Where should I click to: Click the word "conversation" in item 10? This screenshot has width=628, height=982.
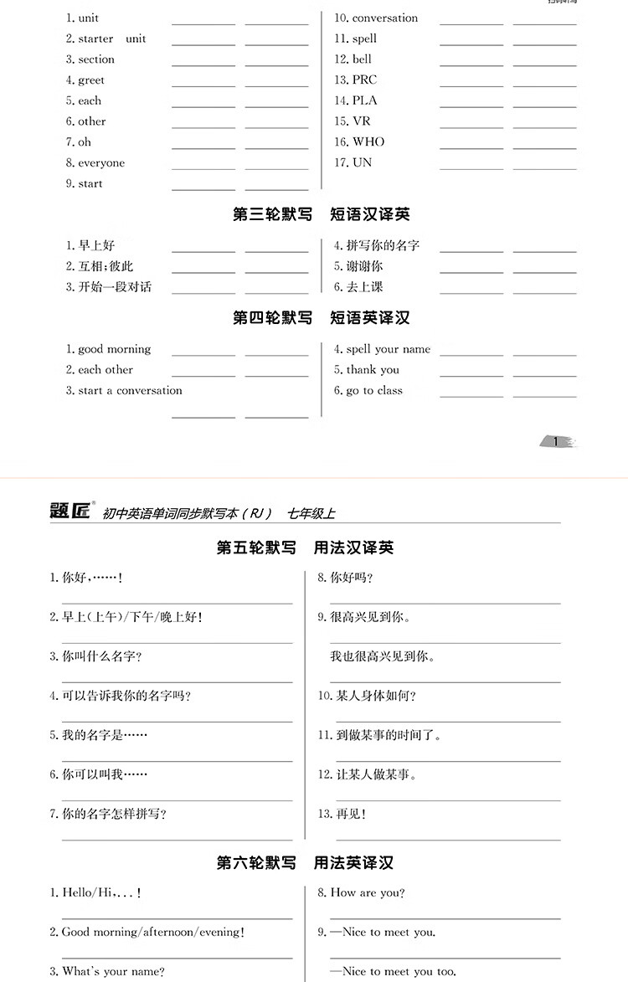coord(384,18)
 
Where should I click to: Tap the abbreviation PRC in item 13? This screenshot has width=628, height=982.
coord(364,80)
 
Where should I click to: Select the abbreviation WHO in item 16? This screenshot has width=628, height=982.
coord(368,141)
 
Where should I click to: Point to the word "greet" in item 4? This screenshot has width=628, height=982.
coord(91,80)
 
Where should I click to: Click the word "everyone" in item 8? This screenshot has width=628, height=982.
coord(101,162)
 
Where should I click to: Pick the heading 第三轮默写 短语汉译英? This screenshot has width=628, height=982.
coord(322,214)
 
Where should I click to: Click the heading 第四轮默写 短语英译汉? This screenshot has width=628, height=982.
coord(322,318)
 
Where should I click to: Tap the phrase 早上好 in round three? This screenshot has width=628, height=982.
coord(96,245)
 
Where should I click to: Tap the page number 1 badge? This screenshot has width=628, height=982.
coord(555,441)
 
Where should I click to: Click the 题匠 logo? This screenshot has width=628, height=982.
coord(70,511)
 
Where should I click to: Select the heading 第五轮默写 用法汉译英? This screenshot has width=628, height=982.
coord(305,548)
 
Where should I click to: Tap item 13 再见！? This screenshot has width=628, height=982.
coord(351,813)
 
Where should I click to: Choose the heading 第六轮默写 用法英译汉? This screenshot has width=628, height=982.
coord(305,862)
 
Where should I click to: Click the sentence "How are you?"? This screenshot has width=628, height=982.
coord(368,892)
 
